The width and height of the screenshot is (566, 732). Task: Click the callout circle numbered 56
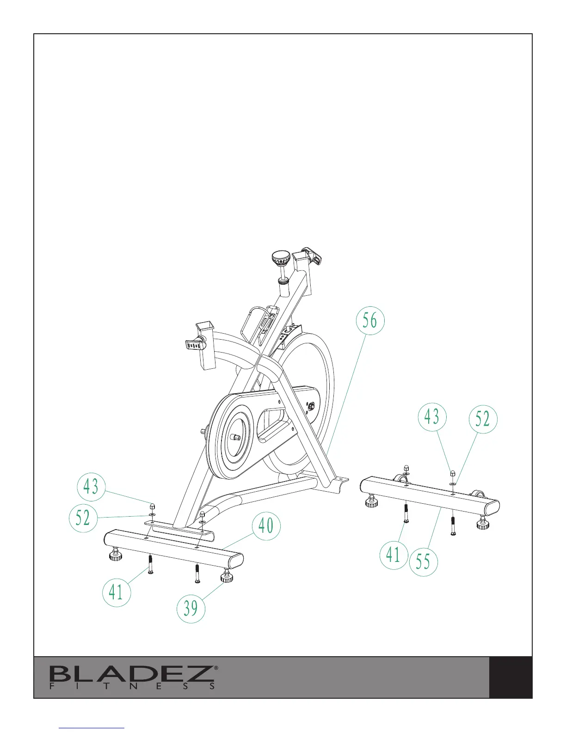370,321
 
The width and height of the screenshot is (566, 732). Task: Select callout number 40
266,525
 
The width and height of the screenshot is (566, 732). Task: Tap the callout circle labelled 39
191,608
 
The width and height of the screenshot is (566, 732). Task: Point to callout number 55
423,561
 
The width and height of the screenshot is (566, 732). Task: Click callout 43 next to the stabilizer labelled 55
432,416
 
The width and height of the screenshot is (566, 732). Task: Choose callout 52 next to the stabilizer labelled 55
483,419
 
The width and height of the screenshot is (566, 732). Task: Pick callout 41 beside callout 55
394,555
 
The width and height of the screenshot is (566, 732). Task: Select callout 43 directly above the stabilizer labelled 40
91,487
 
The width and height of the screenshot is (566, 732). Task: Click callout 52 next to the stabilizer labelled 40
83,518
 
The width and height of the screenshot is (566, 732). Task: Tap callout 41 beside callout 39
116,592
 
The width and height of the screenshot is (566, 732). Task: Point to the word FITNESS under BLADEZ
132,687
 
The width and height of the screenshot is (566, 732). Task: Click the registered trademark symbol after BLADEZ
216,668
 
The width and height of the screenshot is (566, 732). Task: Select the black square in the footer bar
511,677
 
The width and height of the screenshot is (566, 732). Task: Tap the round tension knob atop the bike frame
281,256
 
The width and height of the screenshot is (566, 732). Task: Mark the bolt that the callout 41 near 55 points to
406,513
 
